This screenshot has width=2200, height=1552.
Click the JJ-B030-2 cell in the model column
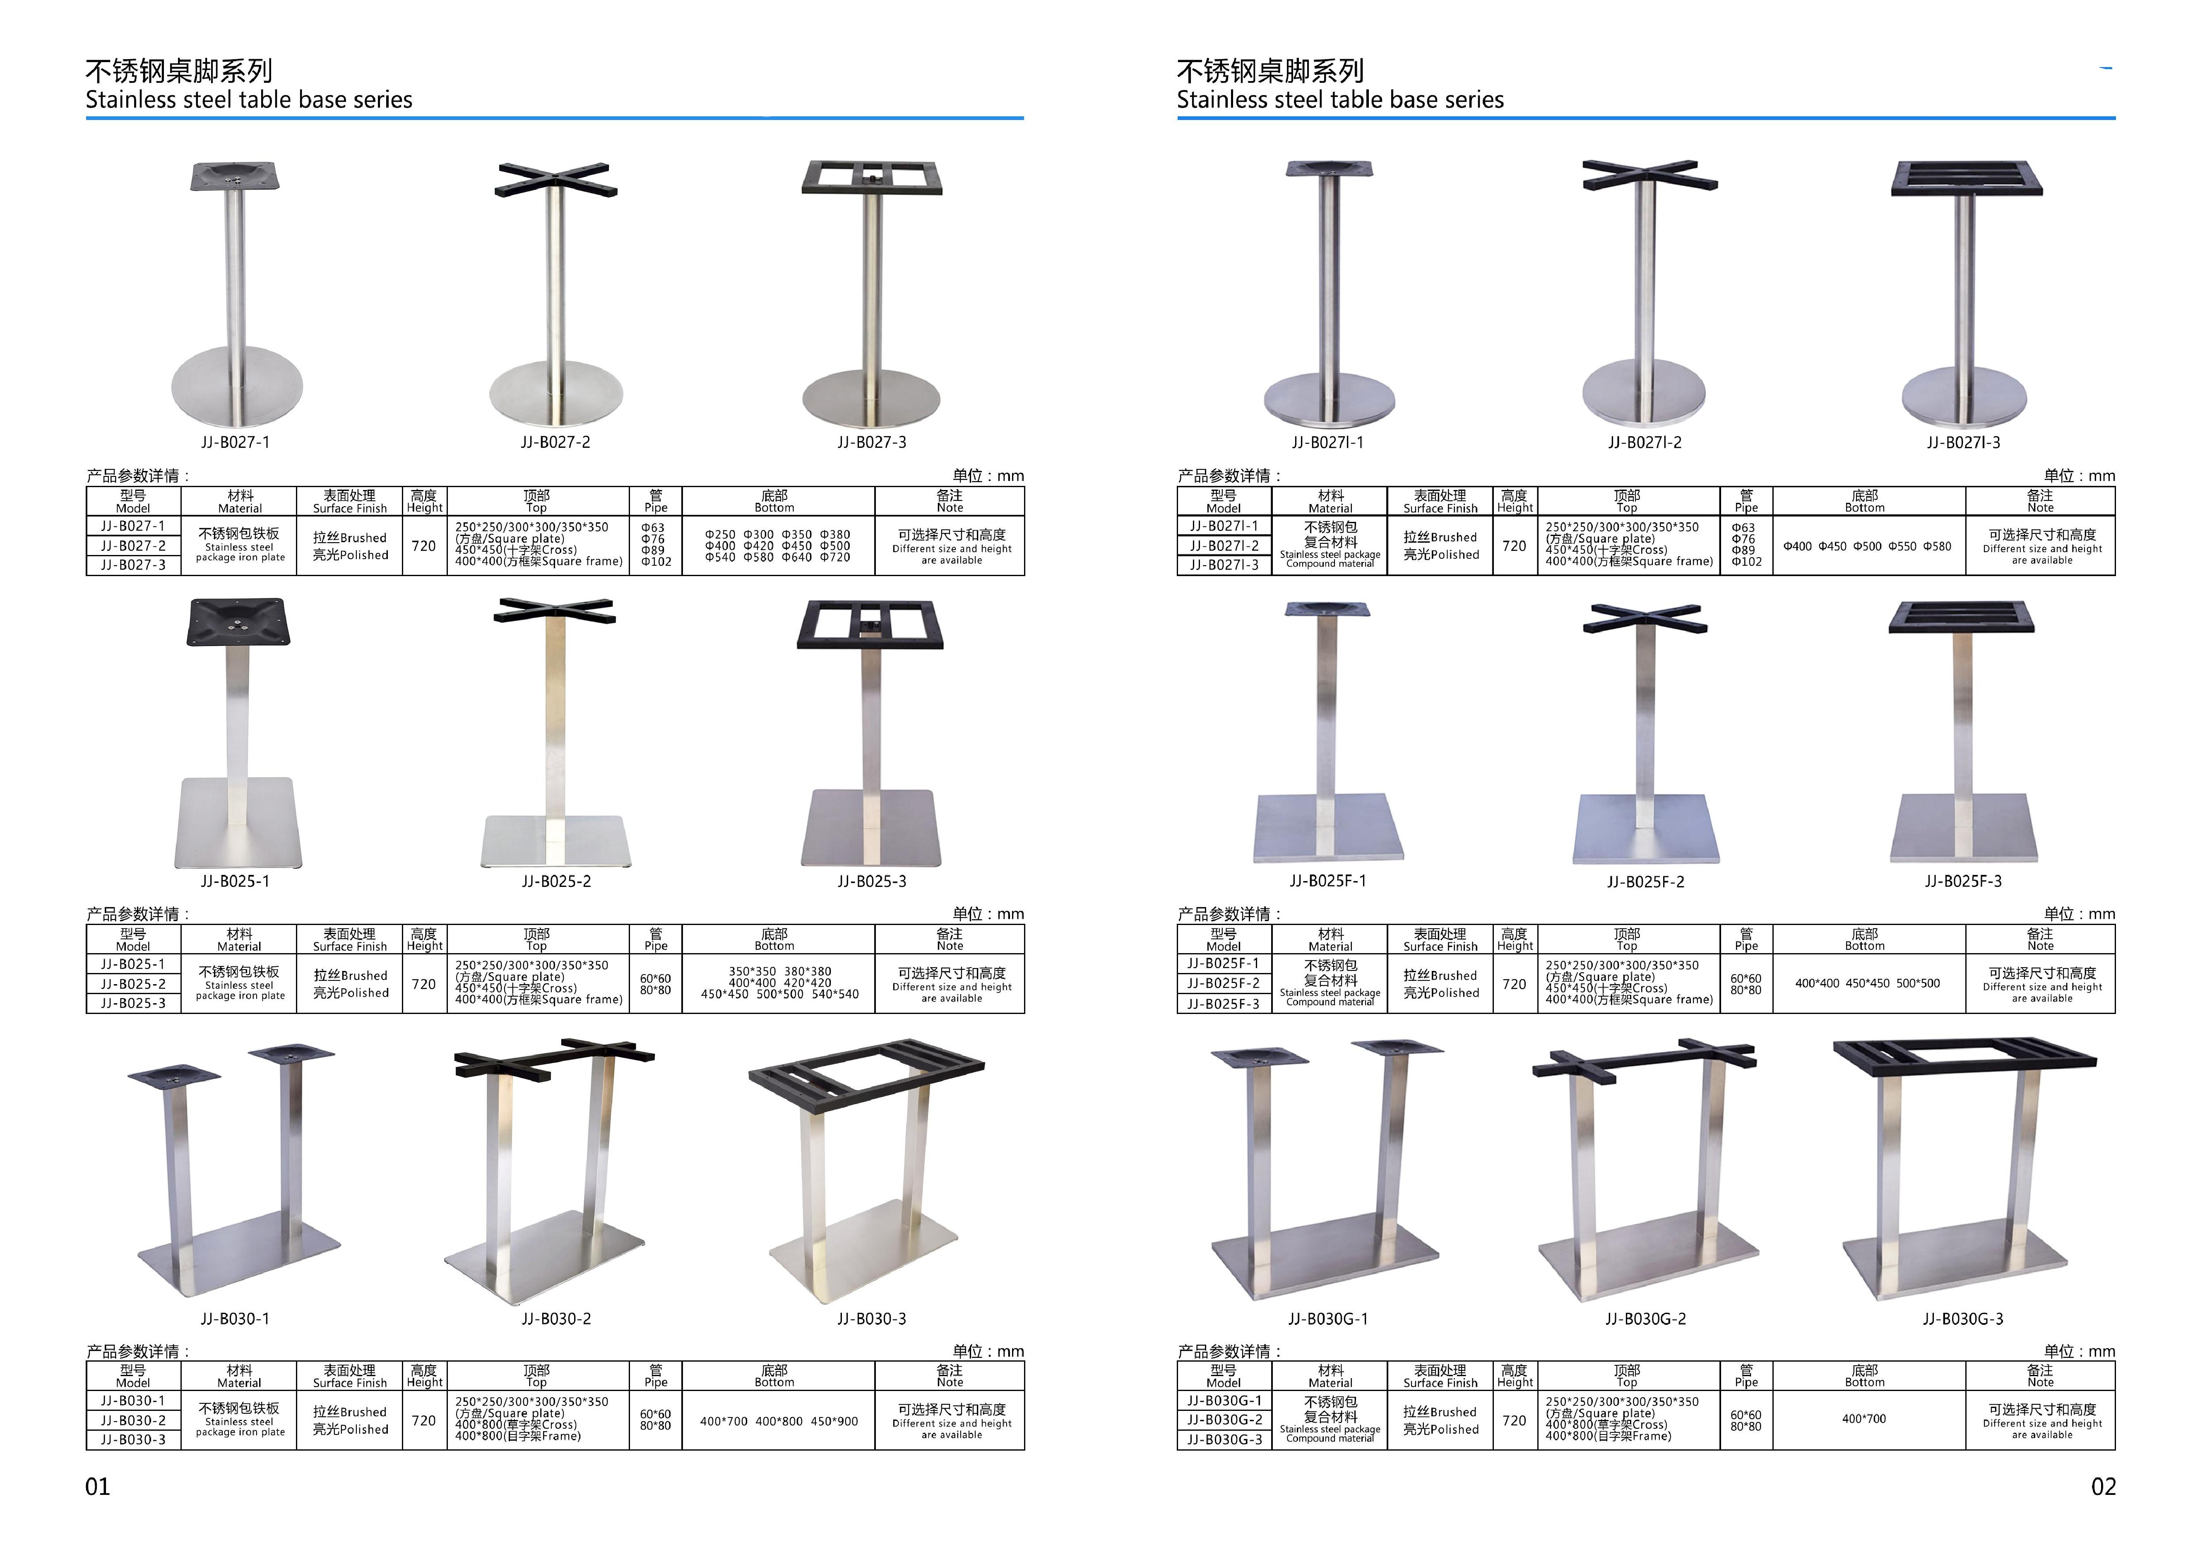(x=133, y=1421)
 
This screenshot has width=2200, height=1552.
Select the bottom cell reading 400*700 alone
(x=1863, y=1419)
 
